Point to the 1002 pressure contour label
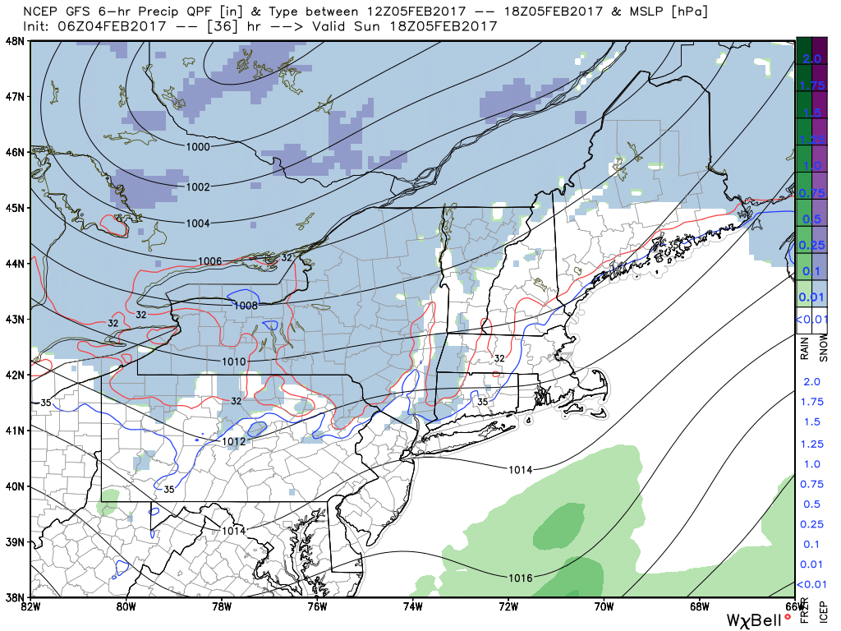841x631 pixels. (197, 187)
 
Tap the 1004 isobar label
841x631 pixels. (197, 223)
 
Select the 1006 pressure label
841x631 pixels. (210, 261)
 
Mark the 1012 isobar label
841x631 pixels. (233, 441)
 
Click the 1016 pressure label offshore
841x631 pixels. (520, 578)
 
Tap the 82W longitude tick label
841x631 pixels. (30, 607)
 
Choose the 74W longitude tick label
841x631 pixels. (412, 607)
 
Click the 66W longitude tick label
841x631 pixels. (793, 607)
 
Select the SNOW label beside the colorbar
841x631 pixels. (824, 348)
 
